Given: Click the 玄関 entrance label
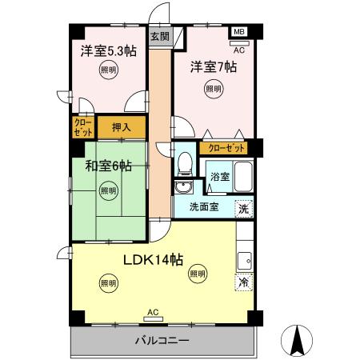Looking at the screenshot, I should [159, 36].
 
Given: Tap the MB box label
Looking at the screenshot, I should [238, 32].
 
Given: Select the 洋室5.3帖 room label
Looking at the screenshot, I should [108, 52].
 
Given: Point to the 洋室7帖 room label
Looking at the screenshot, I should [213, 67].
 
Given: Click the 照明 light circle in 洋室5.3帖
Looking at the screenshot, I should [108, 71].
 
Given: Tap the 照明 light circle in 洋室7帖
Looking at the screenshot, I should [213, 88].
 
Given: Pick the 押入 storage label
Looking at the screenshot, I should [122, 126].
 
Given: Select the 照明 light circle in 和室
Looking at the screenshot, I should [108, 190].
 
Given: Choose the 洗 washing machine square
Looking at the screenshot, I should [242, 208].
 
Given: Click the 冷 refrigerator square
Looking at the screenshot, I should [242, 282].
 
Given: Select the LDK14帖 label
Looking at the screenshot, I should [153, 259].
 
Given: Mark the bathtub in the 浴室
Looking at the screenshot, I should [243, 176].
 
